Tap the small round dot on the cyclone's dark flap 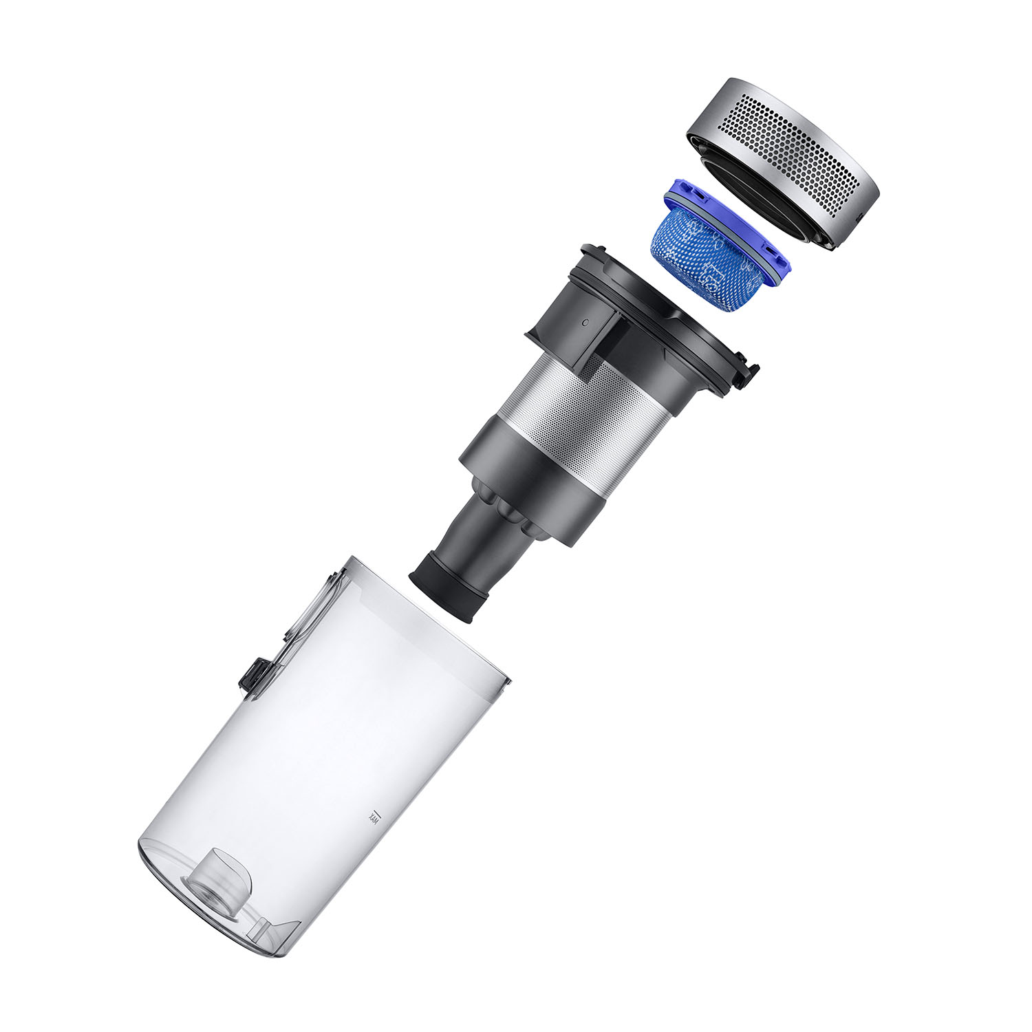pos(583,321)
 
